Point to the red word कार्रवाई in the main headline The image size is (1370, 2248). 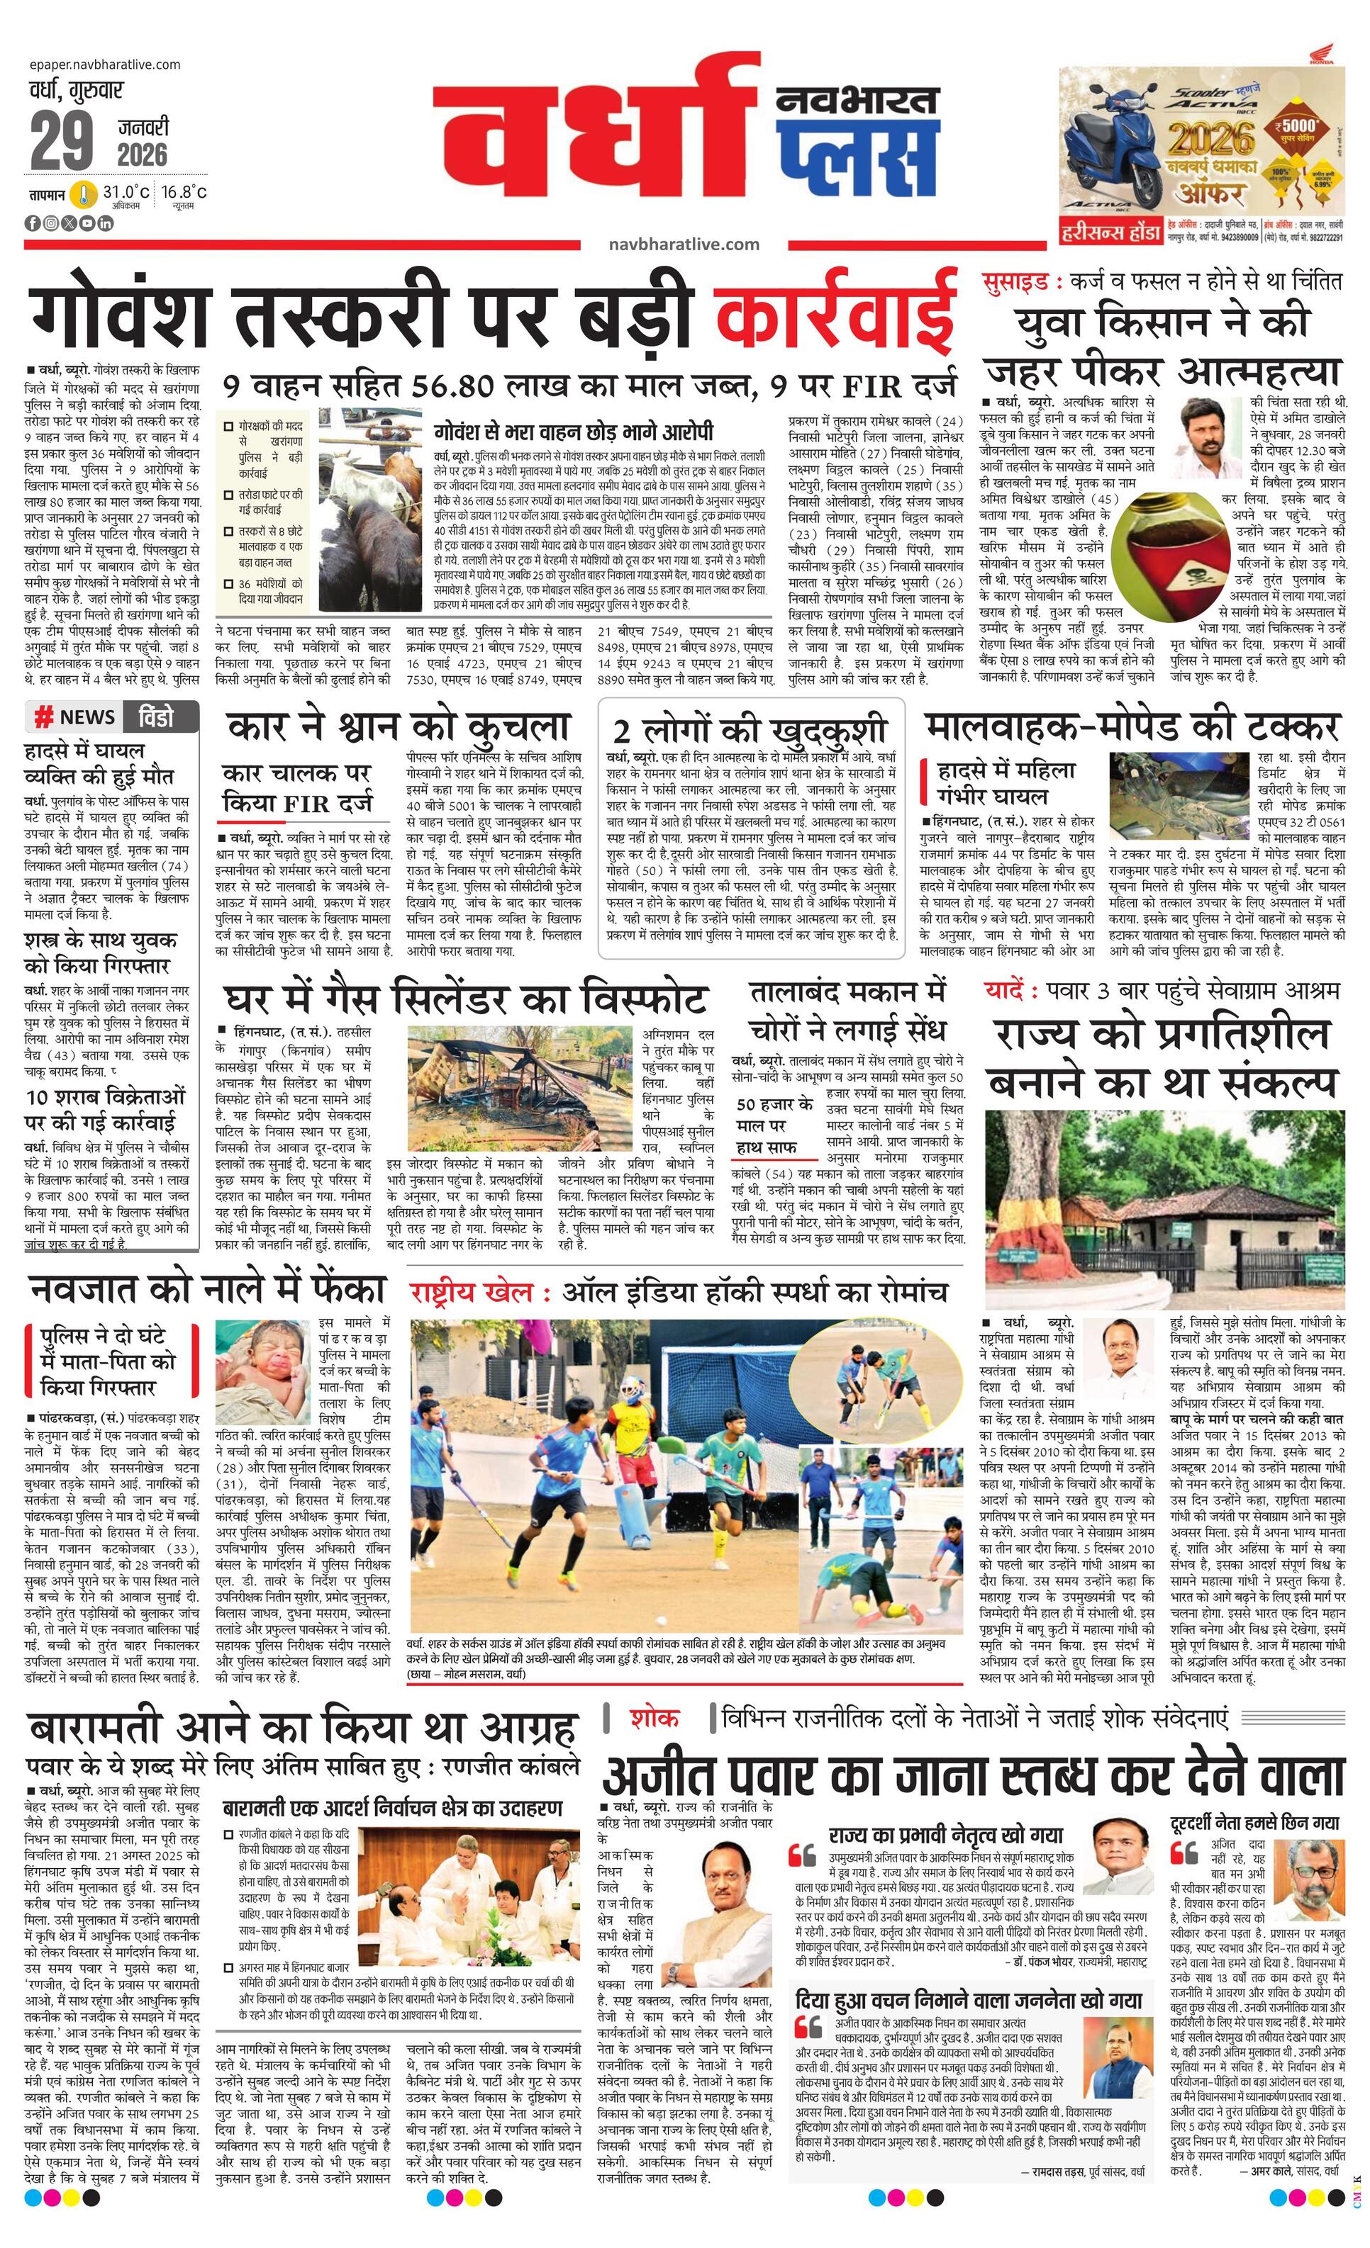click(x=836, y=313)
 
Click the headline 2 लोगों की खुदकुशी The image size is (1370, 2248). click(x=750, y=731)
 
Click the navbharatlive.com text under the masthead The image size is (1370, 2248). click(x=684, y=244)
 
